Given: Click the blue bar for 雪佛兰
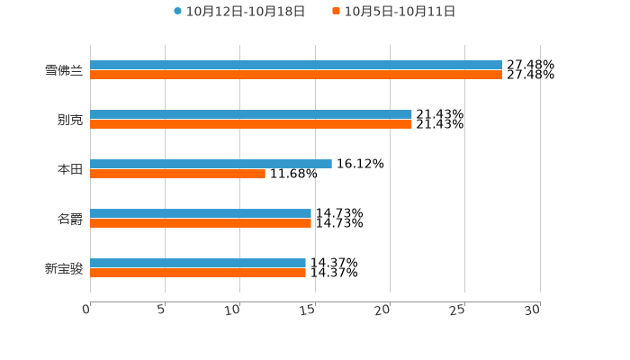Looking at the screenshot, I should (296, 65).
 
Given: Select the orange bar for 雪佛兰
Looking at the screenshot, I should (296, 76).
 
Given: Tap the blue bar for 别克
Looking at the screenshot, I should (251, 115).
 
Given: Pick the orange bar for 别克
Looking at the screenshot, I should (251, 125).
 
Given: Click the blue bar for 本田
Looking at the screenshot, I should (211, 164).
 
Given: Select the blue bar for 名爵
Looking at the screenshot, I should (201, 214).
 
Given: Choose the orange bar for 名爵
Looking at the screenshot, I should (201, 224).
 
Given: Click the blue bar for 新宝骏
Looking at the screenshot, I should (198, 264).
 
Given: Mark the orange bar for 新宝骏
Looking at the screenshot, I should (198, 274).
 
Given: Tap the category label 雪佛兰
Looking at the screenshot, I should (64, 70).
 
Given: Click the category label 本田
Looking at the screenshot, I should (70, 169).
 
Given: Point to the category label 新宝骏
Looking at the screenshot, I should (64, 268).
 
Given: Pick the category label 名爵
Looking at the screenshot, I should (70, 219).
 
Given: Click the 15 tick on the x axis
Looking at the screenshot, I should (307, 310).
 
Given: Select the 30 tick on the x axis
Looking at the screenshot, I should (532, 310).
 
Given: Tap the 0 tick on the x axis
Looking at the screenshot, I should (86, 310).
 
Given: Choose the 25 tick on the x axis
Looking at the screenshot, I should (457, 310).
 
